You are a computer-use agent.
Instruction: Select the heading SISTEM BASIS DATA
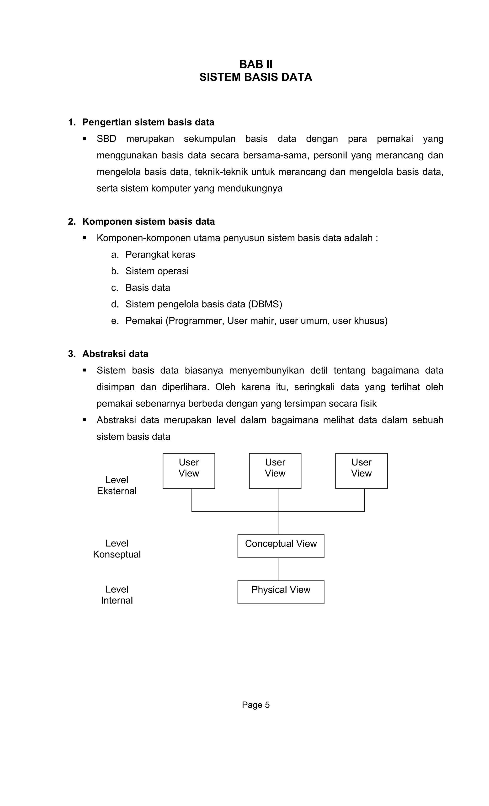point(256,77)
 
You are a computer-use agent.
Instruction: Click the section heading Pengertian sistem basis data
point(148,122)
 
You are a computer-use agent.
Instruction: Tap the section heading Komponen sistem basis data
point(149,222)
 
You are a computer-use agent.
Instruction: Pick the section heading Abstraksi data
point(115,354)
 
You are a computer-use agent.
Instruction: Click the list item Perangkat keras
point(160,254)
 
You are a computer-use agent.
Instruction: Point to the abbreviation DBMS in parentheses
point(265,304)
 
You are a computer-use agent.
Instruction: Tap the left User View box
point(189,471)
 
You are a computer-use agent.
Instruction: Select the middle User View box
point(275,471)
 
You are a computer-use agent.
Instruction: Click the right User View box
point(361,471)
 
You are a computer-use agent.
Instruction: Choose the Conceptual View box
point(281,546)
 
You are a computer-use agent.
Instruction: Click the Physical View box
point(281,592)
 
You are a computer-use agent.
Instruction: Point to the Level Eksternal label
point(117,485)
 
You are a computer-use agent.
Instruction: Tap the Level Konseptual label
point(117,549)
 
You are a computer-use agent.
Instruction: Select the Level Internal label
point(117,595)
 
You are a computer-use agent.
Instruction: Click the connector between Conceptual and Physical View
point(278,569)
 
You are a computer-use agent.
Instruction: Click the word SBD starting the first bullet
point(106,139)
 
